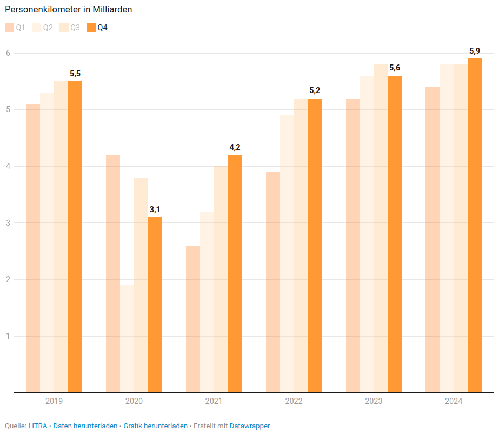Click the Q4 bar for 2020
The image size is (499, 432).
(155, 305)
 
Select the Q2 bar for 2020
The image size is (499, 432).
(127, 338)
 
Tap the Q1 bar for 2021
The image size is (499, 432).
(193, 319)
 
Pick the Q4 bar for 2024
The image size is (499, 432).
(475, 225)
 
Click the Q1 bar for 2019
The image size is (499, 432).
(33, 248)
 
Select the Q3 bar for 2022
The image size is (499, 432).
(301, 245)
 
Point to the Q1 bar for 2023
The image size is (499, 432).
(352, 245)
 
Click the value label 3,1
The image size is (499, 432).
(155, 210)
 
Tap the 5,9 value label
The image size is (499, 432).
(475, 51)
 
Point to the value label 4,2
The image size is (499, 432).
(235, 147)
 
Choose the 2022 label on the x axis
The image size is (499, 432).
(294, 401)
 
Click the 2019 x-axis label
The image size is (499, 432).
(54, 401)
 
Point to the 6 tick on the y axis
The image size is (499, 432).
(8, 53)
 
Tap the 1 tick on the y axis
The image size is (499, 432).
(8, 336)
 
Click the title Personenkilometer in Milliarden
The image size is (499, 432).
(68, 9)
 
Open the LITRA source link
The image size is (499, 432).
(38, 426)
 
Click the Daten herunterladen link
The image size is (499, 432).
(85, 426)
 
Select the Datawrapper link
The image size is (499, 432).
(250, 426)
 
